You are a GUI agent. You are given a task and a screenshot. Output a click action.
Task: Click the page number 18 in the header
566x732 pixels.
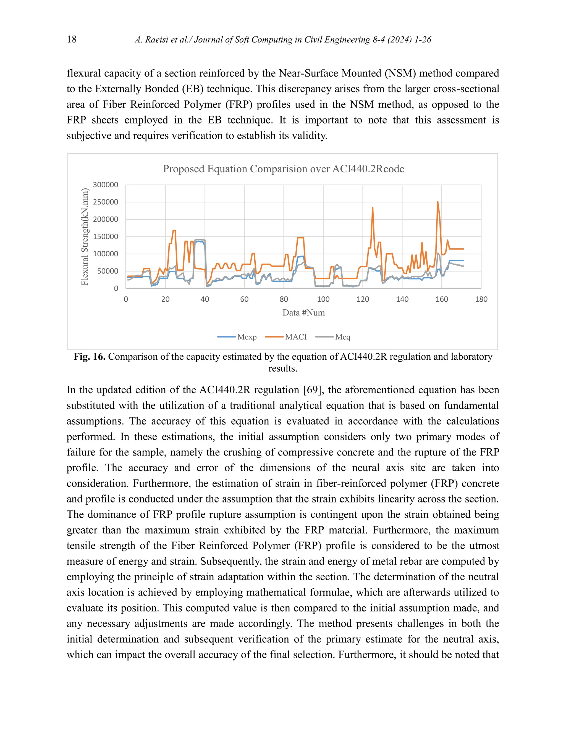pyautogui.click(x=72, y=39)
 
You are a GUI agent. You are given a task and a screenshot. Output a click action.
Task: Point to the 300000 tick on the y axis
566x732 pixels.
pyautogui.click(x=105, y=185)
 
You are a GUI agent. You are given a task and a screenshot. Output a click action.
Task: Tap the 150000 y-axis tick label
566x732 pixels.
pyautogui.click(x=105, y=237)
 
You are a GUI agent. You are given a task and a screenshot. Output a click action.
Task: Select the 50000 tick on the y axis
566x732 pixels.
pyautogui.click(x=107, y=271)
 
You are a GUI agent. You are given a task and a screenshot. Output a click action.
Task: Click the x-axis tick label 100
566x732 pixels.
pyautogui.click(x=323, y=299)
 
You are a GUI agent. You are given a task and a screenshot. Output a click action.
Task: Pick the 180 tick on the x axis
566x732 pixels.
pyautogui.click(x=481, y=299)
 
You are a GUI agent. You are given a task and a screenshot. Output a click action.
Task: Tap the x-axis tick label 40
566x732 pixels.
pyautogui.click(x=205, y=299)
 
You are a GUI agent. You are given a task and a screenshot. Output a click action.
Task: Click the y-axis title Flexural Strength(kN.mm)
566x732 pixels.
pyautogui.click(x=85, y=237)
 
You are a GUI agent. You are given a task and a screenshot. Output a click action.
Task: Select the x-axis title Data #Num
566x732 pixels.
pyautogui.click(x=303, y=313)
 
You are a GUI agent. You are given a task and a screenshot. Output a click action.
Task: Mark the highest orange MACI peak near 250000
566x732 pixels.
pyautogui.click(x=437, y=202)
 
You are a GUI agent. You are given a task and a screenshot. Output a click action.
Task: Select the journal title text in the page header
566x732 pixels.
pyautogui.click(x=283, y=40)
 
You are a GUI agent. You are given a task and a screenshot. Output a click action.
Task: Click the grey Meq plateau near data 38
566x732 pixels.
pyautogui.click(x=200, y=240)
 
